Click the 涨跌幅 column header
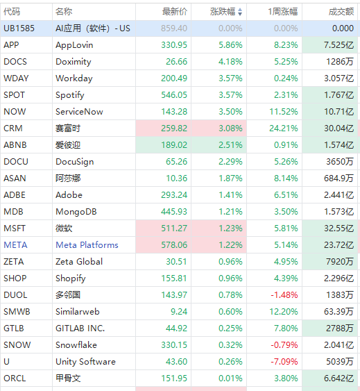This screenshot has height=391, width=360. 223,12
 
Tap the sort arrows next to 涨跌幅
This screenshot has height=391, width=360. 240,12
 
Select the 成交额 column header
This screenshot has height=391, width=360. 341,12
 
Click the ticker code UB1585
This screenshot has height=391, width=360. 19,28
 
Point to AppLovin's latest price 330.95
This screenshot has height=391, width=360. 174,45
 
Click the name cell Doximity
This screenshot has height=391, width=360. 74,62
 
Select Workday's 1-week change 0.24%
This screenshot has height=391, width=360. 286,78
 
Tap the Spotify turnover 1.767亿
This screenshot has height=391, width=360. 338,95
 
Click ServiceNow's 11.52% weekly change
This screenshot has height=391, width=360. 284,111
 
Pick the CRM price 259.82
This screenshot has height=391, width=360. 174,128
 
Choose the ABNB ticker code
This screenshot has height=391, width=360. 15,145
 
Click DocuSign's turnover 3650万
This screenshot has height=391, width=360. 340,162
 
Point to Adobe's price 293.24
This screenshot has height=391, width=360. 174,194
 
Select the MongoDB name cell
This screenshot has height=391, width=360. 76,211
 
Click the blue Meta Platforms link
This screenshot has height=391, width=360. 87,245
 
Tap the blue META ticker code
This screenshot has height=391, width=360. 15,245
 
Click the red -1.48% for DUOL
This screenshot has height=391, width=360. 284,295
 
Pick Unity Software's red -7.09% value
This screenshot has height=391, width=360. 284,362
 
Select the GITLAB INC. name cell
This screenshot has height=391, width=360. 80,328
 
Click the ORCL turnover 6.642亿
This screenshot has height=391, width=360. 338,378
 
